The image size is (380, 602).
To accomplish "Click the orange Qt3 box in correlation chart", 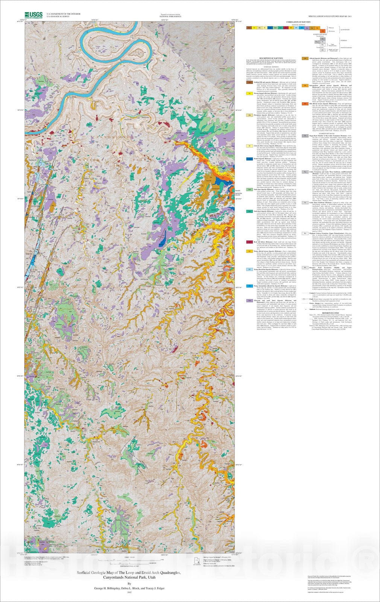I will click(x=323, y=31).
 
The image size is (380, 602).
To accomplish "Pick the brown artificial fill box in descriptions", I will click(x=249, y=81).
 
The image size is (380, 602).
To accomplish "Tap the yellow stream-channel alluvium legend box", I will click(x=249, y=93).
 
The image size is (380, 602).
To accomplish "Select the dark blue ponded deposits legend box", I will click(x=249, y=159).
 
